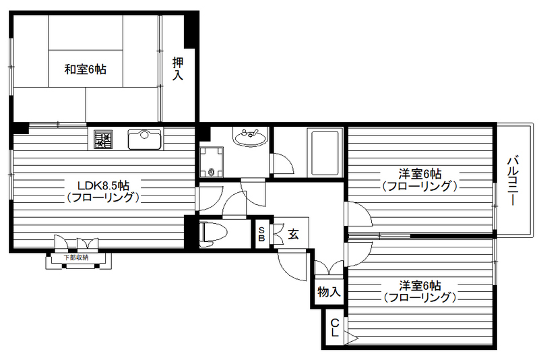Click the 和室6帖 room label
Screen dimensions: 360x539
pyautogui.click(x=85, y=69)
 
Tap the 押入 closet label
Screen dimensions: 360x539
pyautogui.click(x=178, y=69)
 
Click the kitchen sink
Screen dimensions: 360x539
pyautogui.click(x=144, y=140)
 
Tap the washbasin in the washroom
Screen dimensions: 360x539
pyautogui.click(x=249, y=138)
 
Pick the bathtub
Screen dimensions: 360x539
pyautogui.click(x=325, y=152)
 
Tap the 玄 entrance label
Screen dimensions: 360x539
pyautogui.click(x=294, y=234)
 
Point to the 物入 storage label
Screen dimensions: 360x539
pyautogui.click(x=329, y=293)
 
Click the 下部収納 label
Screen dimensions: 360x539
pyautogui.click(x=76, y=258)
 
